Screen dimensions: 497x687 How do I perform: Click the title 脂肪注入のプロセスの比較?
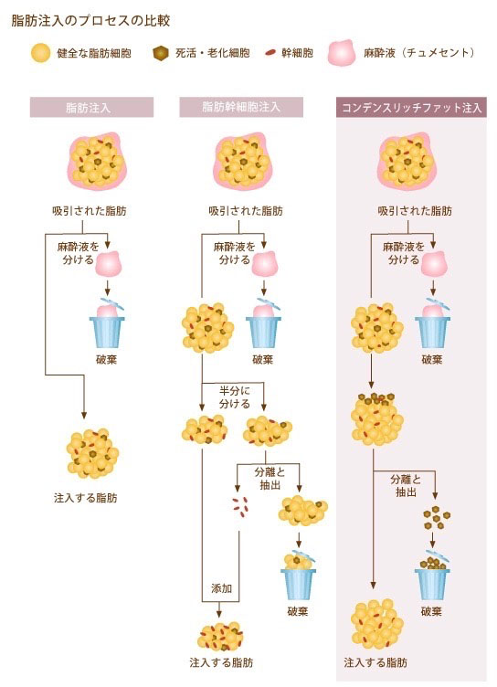pos(90,21)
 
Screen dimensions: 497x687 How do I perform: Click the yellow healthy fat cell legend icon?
pos(40,53)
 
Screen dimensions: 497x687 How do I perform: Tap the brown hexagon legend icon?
pos(161,54)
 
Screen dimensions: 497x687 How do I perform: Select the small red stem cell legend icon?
pos(270,54)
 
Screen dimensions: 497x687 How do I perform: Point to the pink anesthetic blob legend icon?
pos(342,53)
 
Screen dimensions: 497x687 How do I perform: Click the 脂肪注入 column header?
pos(91,108)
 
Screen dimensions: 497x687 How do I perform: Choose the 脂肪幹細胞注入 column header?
pos(241,108)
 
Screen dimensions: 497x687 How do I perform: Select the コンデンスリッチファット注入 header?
pos(411,108)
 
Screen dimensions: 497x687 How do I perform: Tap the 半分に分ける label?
pos(235,397)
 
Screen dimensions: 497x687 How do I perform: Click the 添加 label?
pos(221,588)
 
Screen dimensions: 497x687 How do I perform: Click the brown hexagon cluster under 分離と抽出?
pos(437,517)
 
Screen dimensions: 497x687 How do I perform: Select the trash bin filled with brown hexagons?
pos(432,575)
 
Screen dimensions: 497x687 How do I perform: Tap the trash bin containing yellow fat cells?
pos(299,575)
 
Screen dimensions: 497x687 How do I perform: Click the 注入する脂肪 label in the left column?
pos(86,498)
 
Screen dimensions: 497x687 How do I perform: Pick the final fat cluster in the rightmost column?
pos(377,623)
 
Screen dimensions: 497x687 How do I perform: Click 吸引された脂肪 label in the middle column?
pos(246,211)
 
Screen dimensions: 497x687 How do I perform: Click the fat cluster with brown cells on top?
pos(377,419)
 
